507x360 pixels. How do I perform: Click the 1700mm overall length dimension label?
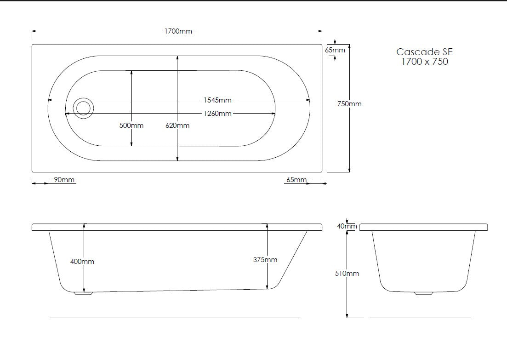pyautogui.click(x=178, y=31)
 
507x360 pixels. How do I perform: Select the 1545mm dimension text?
pyautogui.click(x=217, y=100)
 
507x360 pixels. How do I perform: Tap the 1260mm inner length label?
pyautogui.click(x=217, y=114)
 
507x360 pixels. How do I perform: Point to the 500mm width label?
pyautogui.click(x=131, y=126)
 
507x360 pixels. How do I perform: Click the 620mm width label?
pyautogui.click(x=177, y=126)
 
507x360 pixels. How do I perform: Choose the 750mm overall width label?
pyautogui.click(x=349, y=104)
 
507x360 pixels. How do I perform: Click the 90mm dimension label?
pyautogui.click(x=64, y=179)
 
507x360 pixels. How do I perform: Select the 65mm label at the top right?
pyautogui.click(x=335, y=50)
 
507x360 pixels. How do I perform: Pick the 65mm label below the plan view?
pyautogui.click(x=296, y=179)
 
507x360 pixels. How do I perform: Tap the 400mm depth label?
pyautogui.click(x=82, y=261)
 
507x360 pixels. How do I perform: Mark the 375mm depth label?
pyautogui.click(x=265, y=259)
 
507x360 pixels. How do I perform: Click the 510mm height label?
pyautogui.click(x=347, y=274)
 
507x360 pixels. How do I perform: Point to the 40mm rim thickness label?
pyautogui.click(x=347, y=226)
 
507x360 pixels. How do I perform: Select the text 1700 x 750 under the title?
pyautogui.click(x=424, y=62)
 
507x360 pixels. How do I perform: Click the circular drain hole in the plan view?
pyautogui.click(x=84, y=108)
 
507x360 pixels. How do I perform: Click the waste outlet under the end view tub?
pyautogui.click(x=423, y=293)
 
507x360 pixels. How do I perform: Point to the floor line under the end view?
pyautogui.click(x=420, y=318)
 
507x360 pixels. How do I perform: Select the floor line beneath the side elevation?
pyautogui.click(x=174, y=318)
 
